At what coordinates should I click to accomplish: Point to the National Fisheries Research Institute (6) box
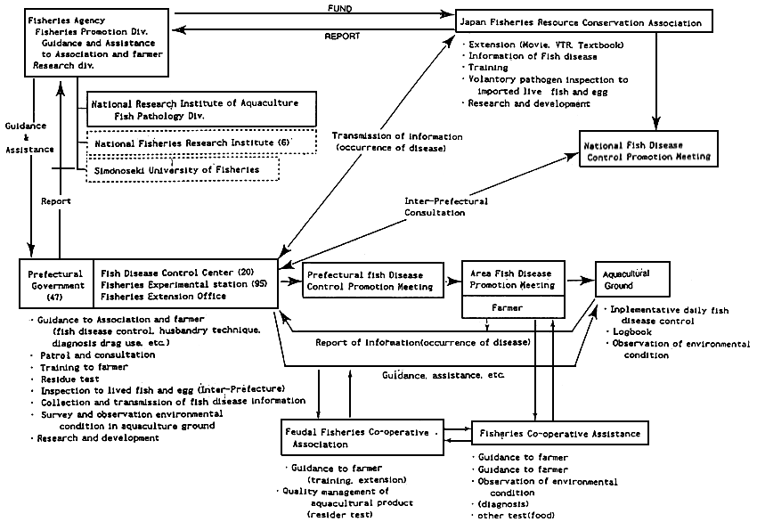tap(202, 143)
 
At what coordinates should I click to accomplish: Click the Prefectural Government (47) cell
tap(56, 285)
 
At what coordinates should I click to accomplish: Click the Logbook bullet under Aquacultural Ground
tap(628, 332)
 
